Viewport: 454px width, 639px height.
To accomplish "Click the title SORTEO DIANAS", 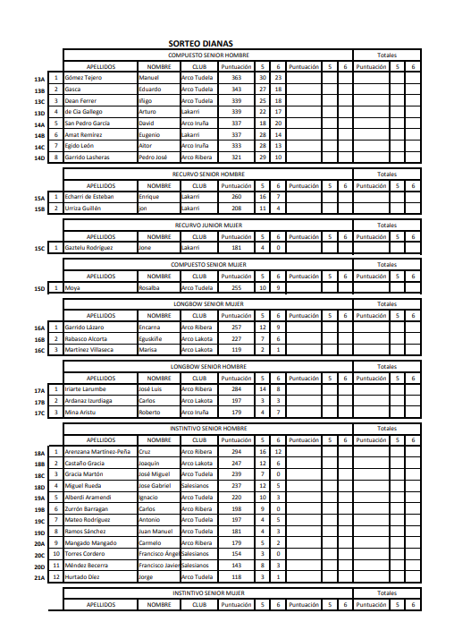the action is (200, 43).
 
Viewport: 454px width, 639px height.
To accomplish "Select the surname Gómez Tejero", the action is (84, 78).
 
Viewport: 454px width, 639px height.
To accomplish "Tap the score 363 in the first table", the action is (236, 78).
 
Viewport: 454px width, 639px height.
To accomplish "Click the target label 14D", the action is (39, 158).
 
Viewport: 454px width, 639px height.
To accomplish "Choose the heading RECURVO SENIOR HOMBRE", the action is (207, 174).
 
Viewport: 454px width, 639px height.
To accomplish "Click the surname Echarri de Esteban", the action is (89, 196).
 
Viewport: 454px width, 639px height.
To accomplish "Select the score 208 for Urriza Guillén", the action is (236, 208).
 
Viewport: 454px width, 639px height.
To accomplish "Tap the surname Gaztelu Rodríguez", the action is (88, 248).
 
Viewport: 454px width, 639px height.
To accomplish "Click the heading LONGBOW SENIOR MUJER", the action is (207, 304).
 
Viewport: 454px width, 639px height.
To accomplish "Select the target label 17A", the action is (39, 390).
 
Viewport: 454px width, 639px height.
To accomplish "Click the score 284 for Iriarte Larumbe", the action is (236, 389).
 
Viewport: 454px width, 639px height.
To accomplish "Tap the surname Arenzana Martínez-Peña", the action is (97, 452).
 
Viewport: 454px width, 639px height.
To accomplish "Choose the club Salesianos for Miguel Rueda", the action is (195, 486).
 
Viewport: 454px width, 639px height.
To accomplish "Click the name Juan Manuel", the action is (155, 531).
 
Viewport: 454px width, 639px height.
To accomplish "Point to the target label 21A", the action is (39, 577).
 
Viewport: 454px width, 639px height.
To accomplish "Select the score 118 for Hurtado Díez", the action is (236, 576).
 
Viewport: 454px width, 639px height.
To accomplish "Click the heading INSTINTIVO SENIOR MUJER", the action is (207, 592).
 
